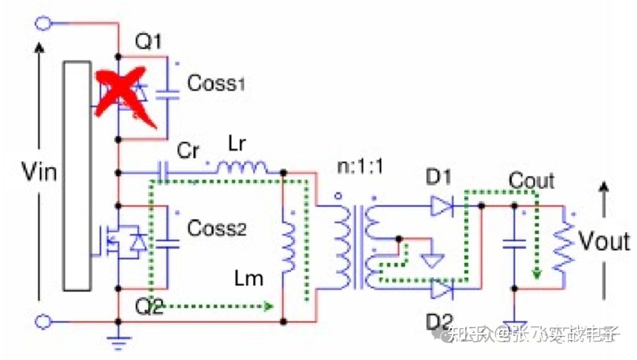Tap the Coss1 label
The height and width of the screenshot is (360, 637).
[x=216, y=83]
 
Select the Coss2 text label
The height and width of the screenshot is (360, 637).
[x=216, y=227]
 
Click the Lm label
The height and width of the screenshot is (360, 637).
[x=248, y=277]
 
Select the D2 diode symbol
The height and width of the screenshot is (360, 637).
[x=442, y=290]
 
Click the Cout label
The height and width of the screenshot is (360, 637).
[x=531, y=180]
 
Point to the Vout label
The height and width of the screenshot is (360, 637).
[x=603, y=241]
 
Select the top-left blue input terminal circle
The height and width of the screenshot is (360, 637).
[x=43, y=23]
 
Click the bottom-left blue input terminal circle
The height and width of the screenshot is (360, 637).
[x=43, y=322]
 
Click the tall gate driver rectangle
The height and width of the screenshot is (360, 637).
[x=78, y=175]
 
